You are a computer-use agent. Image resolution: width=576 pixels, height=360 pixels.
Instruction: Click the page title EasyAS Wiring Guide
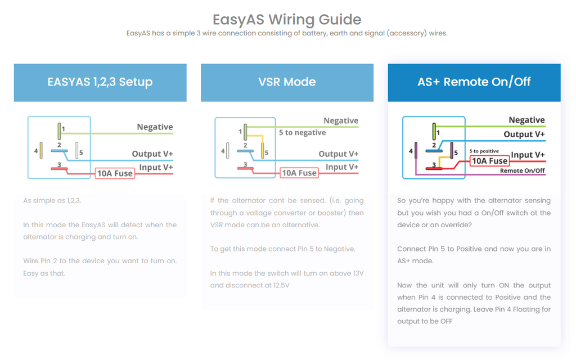click(x=287, y=19)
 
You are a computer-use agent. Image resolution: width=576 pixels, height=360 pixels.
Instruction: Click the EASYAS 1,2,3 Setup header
click(x=100, y=82)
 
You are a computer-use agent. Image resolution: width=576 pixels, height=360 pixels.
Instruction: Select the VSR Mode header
click(x=287, y=82)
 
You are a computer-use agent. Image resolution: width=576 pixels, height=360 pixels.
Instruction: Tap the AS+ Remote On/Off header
click(x=474, y=82)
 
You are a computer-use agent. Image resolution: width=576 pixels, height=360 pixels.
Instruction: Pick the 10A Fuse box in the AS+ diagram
click(x=489, y=161)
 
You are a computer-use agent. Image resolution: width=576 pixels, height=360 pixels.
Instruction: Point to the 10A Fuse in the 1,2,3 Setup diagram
click(x=115, y=173)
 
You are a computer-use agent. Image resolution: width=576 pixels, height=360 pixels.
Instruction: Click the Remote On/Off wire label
click(x=522, y=170)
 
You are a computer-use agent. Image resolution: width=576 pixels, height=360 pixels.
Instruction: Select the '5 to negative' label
click(x=302, y=133)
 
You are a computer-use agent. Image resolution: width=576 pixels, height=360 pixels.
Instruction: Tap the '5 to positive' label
click(x=484, y=151)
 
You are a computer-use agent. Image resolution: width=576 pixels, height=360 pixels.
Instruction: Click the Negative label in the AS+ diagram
click(x=526, y=120)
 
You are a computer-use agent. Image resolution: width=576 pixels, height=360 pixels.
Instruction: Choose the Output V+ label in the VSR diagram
click(x=339, y=154)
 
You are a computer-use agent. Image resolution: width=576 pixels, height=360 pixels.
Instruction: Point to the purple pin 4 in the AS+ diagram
click(x=416, y=151)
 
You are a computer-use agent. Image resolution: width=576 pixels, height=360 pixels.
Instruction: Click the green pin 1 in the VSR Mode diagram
click(x=245, y=132)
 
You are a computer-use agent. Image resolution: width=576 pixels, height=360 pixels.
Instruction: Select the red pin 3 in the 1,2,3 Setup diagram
click(x=59, y=168)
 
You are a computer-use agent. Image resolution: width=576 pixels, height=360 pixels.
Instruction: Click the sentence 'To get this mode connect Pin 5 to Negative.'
click(x=282, y=249)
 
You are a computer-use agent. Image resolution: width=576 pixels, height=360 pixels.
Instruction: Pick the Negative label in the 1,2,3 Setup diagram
click(x=155, y=127)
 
